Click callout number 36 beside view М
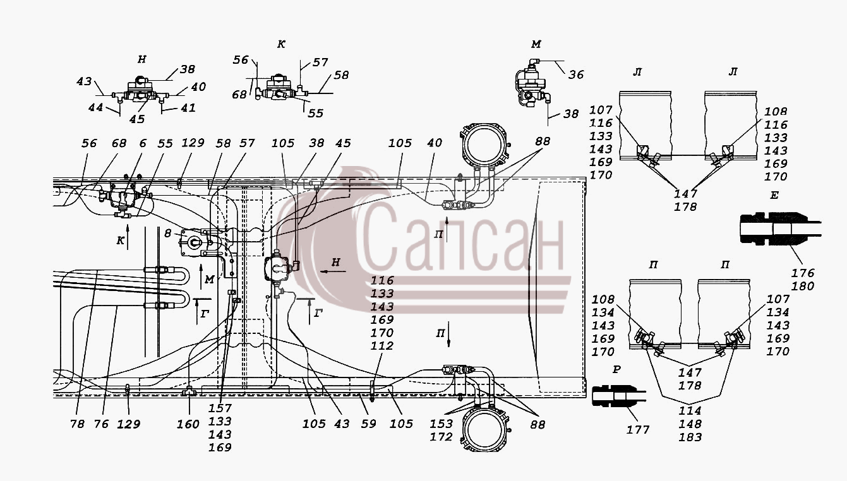[x=576, y=75]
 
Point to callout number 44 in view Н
[x=95, y=108]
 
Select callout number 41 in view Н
[x=188, y=108]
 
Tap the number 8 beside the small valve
[x=167, y=234]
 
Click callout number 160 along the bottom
[x=188, y=424]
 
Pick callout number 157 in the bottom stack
[x=220, y=408]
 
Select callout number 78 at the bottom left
[x=77, y=424]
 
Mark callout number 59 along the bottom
[x=368, y=424]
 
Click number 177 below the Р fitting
[x=637, y=430]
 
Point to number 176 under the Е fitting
[x=803, y=273]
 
